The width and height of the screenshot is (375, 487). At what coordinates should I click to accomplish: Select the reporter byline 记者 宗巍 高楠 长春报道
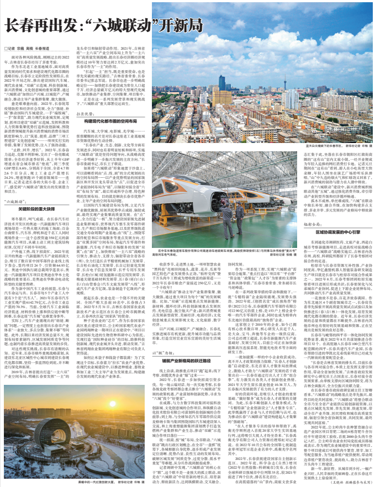click(33, 49)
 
